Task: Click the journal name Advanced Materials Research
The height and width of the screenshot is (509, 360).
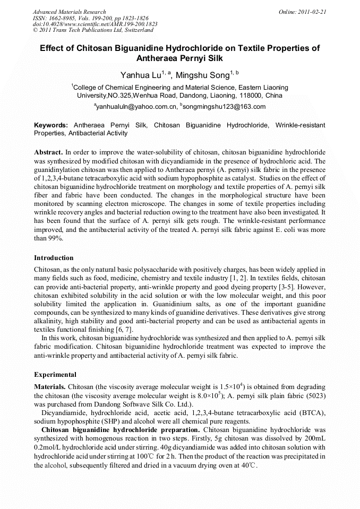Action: (x=69, y=12)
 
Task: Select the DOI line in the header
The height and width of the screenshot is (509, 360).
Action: (x=95, y=24)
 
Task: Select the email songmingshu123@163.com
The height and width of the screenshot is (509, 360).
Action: (x=225, y=107)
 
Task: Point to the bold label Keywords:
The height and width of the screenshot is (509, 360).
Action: (x=51, y=125)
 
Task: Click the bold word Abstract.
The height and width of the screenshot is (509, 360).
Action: (x=48, y=152)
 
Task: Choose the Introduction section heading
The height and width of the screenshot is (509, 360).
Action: (x=54, y=258)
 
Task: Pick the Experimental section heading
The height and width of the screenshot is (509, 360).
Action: (x=55, y=375)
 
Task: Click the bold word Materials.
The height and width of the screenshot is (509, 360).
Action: (x=50, y=386)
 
